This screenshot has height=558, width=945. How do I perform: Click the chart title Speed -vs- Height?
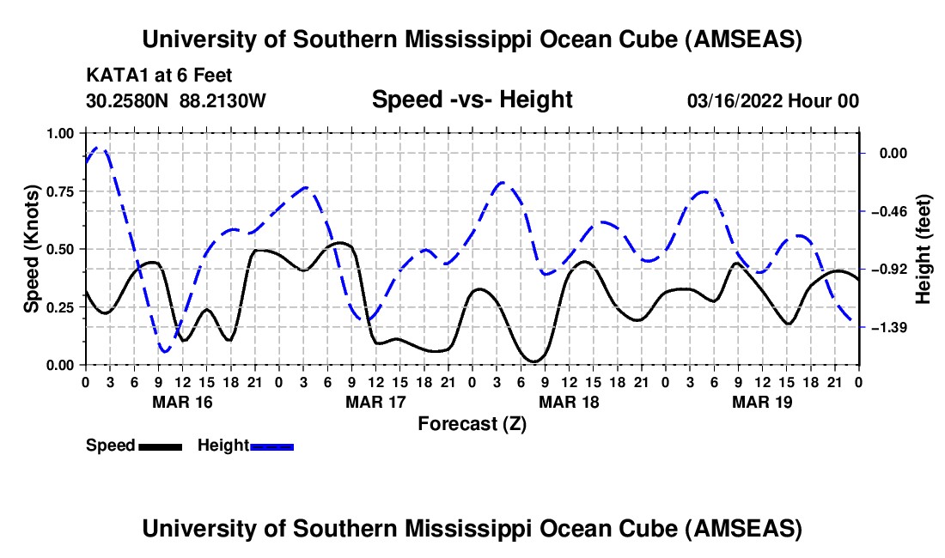point(472,100)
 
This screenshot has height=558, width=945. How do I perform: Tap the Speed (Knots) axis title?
point(32,249)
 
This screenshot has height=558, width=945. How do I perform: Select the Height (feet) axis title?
point(924,249)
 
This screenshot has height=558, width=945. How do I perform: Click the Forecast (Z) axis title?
point(472,423)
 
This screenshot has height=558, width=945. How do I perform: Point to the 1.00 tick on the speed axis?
point(61,133)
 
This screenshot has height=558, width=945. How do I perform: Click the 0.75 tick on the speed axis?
point(61,191)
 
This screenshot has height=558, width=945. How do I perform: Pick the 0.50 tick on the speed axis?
point(61,249)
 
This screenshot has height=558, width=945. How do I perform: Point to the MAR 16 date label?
point(181,402)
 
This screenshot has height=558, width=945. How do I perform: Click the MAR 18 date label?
point(569,402)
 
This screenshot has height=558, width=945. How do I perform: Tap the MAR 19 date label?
point(762,402)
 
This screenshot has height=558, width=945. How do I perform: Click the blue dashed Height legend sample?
point(271,446)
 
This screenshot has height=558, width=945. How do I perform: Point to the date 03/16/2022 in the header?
point(740,101)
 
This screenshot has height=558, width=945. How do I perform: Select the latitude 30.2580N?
point(128,101)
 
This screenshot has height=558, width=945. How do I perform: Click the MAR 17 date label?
point(375,402)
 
